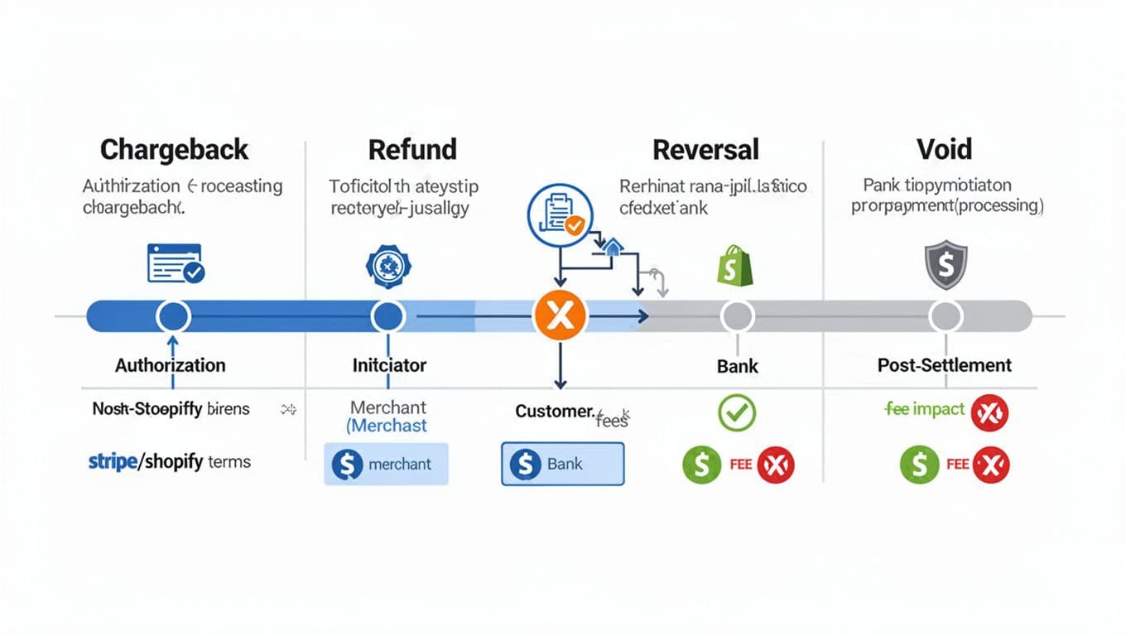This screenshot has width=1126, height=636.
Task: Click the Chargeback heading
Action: (174, 150)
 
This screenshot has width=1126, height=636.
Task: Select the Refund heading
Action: (412, 150)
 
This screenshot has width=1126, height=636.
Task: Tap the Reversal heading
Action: (705, 150)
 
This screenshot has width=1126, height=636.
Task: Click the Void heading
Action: (944, 150)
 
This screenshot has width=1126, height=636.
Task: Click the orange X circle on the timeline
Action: (561, 316)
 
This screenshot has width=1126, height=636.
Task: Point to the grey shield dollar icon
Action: (945, 266)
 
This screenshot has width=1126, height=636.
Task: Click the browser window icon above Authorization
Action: (176, 263)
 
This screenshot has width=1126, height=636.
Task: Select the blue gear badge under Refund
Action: (387, 265)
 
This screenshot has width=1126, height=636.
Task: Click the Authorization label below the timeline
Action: (170, 365)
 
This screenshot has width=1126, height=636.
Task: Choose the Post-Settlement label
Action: (944, 365)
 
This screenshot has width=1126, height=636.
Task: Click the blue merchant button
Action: (386, 464)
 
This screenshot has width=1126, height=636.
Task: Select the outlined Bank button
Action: (562, 464)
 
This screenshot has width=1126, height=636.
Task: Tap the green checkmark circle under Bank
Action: (737, 412)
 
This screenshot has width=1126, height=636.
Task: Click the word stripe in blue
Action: (113, 462)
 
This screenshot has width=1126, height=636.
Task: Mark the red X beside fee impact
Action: (989, 412)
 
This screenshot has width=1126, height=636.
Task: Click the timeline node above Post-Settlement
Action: (945, 316)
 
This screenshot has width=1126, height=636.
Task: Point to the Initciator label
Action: (389, 365)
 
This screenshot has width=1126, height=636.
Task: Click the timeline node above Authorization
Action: (173, 316)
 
